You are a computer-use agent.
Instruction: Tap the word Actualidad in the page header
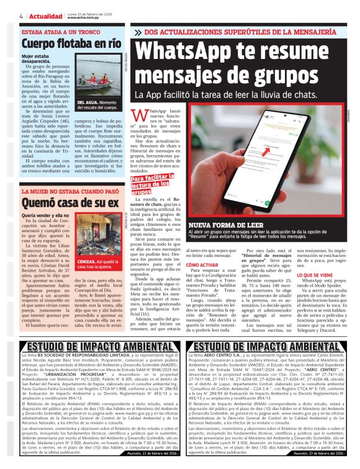[43, 16]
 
